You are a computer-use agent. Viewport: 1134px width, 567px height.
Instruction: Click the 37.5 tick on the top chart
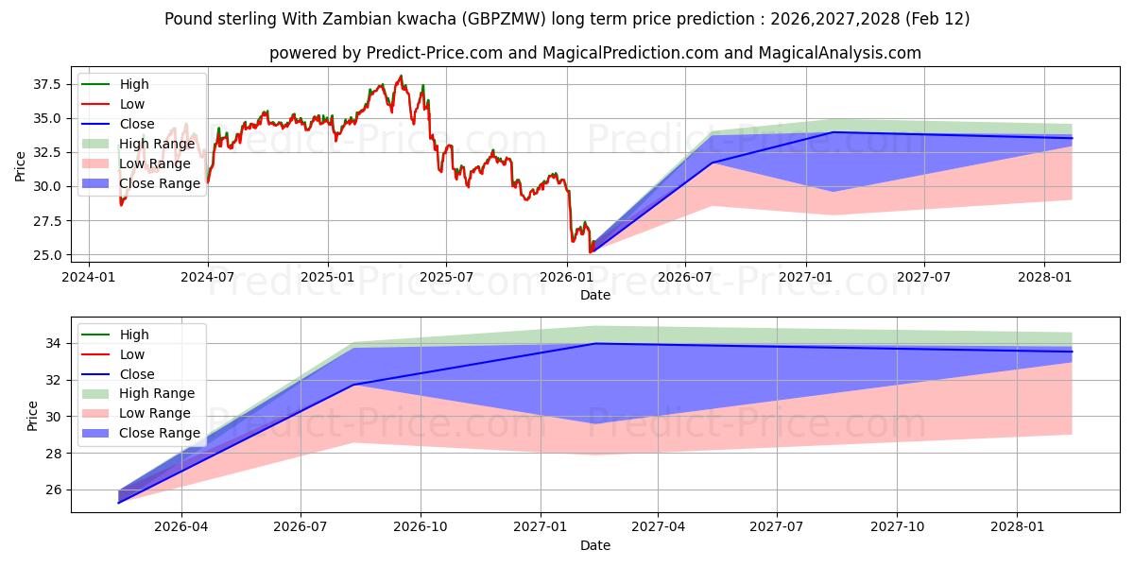click(46, 84)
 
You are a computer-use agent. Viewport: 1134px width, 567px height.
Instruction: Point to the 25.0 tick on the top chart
click(46, 255)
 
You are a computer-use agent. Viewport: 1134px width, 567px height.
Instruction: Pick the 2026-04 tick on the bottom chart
click(181, 526)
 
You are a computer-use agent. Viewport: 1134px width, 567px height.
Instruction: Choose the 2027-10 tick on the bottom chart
click(898, 526)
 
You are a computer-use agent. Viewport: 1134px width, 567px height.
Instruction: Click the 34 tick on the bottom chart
click(54, 343)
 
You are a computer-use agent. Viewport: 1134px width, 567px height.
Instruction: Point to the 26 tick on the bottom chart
click(54, 490)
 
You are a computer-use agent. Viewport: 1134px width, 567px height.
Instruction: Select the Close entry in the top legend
click(138, 124)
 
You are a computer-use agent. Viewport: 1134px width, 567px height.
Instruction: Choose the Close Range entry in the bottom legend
click(160, 433)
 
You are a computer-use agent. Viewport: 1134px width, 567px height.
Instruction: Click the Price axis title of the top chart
click(21, 166)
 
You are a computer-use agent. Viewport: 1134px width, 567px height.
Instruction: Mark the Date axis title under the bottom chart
click(595, 545)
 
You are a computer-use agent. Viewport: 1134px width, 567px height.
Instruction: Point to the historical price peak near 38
click(401, 76)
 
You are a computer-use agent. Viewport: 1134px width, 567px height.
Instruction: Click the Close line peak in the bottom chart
click(594, 343)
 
